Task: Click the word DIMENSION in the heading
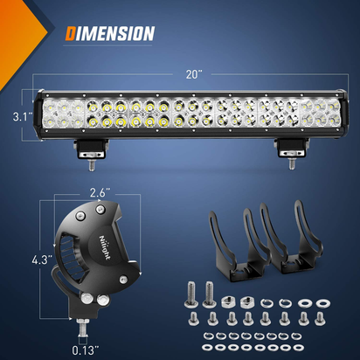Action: click(110, 34)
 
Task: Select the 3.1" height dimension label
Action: click(17, 114)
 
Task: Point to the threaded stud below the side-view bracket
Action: click(85, 328)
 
